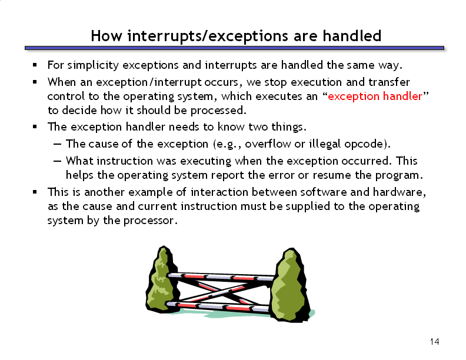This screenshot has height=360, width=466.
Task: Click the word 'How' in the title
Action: click(x=106, y=36)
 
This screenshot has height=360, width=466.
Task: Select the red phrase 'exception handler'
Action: click(x=375, y=96)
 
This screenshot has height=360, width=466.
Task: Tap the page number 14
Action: click(x=434, y=342)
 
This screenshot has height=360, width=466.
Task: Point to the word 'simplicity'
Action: click(x=93, y=65)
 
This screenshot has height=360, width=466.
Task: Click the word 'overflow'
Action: click(x=268, y=144)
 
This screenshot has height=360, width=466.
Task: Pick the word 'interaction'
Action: click(x=219, y=192)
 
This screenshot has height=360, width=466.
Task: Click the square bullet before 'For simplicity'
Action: click(x=35, y=65)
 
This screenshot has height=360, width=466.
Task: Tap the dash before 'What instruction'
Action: click(x=57, y=161)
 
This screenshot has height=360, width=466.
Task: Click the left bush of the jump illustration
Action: click(x=162, y=280)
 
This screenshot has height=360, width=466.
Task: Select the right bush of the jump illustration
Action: click(x=290, y=286)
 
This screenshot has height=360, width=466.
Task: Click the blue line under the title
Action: click(x=234, y=48)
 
